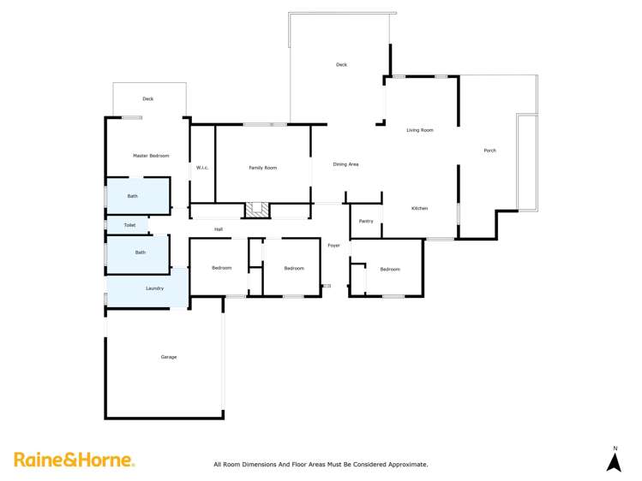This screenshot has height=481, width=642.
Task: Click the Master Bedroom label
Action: (151, 156)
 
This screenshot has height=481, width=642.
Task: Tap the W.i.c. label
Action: (202, 168)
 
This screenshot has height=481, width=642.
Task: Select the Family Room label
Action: (263, 168)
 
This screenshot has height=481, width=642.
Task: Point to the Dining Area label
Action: (345, 164)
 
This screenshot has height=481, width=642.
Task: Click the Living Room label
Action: (420, 130)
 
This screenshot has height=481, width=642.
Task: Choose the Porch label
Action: (489, 151)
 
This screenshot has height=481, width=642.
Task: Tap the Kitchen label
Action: (419, 209)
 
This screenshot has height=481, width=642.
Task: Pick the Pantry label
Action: (366, 222)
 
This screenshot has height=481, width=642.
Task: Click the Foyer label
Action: (333, 246)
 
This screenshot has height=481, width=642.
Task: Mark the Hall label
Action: (219, 229)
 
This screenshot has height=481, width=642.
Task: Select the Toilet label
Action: (129, 225)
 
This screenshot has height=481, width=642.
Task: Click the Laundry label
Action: (154, 288)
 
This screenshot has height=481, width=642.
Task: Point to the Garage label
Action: (169, 357)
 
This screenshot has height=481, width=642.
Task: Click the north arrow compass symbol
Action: (614, 460)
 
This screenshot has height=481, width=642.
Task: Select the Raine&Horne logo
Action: (74, 460)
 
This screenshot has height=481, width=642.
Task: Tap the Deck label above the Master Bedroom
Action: (148, 99)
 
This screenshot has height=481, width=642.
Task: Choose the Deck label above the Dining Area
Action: (341, 65)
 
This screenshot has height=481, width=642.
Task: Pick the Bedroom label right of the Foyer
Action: (390, 270)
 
